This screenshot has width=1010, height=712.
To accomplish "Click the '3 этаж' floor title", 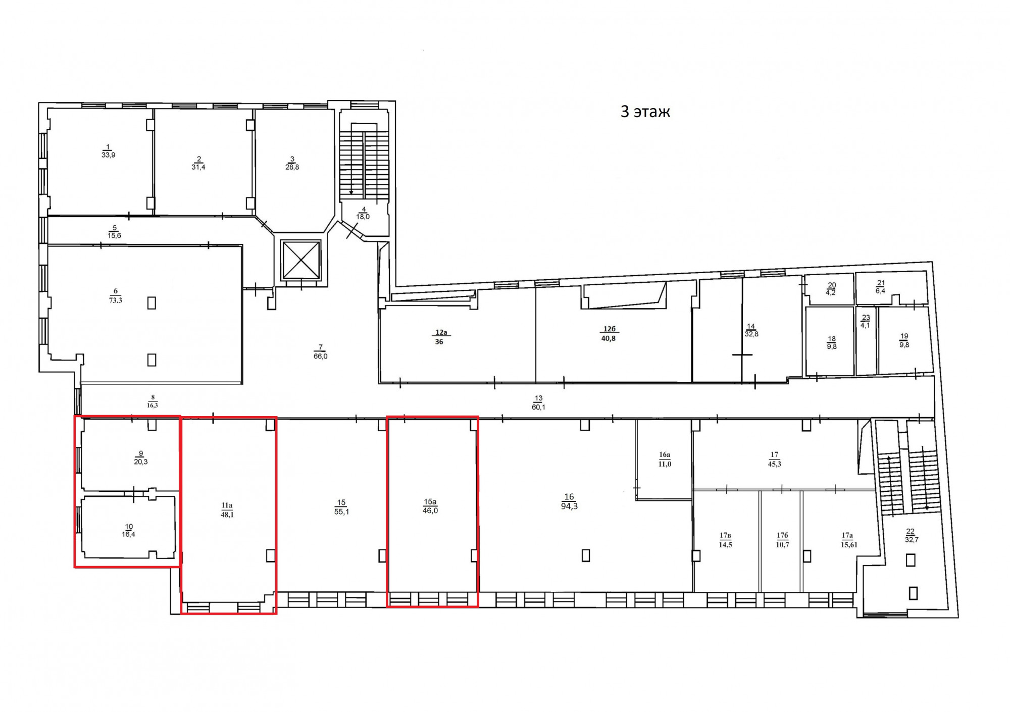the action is [645, 112].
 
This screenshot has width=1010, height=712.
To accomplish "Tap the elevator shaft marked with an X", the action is [301, 260].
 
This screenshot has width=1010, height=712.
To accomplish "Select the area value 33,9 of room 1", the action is [108, 155].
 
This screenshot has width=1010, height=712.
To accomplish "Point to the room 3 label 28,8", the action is [292, 167].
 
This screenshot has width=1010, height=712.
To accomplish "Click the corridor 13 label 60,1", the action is [538, 407].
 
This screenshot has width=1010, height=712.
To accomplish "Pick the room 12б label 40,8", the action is [609, 338].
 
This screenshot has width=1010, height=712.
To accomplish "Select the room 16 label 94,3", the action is [569, 506].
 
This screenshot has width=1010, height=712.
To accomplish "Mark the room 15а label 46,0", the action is [430, 511].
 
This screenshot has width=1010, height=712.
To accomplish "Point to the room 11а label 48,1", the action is [227, 515].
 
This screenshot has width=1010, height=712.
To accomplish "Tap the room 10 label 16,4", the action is [128, 534].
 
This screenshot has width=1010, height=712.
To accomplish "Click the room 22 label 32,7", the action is [912, 540].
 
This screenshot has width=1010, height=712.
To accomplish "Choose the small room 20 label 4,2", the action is [831, 292].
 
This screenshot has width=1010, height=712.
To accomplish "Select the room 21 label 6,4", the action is [880, 291].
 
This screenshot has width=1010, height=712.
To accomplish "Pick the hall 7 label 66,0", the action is [320, 356].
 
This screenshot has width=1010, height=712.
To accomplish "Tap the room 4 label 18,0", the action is [363, 217].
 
